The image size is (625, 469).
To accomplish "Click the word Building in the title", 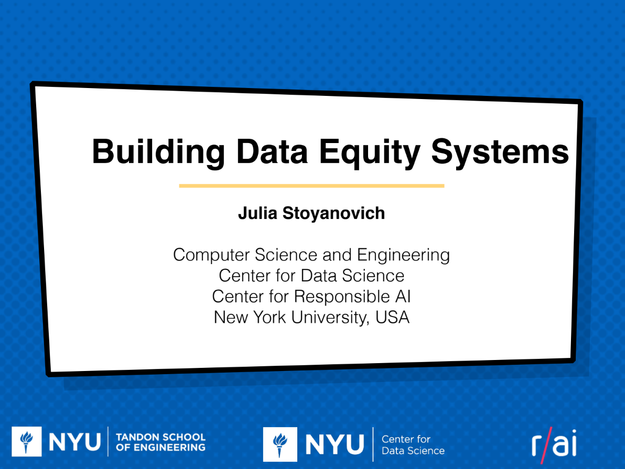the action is pos(159,152).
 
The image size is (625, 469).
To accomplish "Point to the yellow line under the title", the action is pos(311,186).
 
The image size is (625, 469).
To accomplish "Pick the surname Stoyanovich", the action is pos(333,214).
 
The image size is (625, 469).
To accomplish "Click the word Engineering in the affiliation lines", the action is pos(403,255).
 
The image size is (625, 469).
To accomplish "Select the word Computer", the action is pos(211,255).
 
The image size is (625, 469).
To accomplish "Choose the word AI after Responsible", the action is pos(403,297).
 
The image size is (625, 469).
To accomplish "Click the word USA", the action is pos(392,318).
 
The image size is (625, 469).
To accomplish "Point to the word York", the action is pos(270,318).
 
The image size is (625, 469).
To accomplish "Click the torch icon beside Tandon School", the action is pos(27,442).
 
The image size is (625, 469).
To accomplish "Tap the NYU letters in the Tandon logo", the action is pos(74,442).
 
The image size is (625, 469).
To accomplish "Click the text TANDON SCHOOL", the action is pos(160,437).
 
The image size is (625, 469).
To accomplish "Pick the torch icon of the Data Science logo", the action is pos(280,444).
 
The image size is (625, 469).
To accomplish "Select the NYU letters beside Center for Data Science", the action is pos(335,444).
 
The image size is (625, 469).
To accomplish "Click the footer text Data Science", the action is pos(413,451).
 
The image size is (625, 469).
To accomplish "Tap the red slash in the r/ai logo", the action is pos(546,445).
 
